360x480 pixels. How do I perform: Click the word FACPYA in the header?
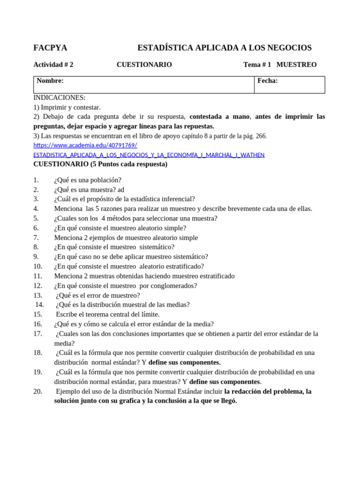click(x=50, y=48)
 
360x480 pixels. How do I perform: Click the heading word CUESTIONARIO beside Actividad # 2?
click(x=144, y=65)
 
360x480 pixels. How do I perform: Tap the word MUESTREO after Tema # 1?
click(x=296, y=65)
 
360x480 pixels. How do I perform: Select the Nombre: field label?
click(x=50, y=81)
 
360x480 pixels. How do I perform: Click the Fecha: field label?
click(x=267, y=81)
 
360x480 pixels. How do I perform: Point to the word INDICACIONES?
click(x=60, y=97)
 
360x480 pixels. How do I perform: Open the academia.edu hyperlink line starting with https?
click(x=85, y=145)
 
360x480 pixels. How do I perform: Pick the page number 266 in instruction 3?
click(x=260, y=136)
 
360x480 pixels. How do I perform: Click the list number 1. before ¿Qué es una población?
click(x=37, y=180)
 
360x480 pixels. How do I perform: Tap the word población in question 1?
click(x=106, y=180)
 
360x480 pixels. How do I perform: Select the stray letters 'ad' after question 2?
click(x=121, y=189)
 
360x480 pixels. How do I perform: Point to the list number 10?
click(x=38, y=266)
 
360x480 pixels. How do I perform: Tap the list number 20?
click(x=38, y=391)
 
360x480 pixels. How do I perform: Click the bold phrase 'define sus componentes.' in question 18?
click(x=185, y=362)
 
